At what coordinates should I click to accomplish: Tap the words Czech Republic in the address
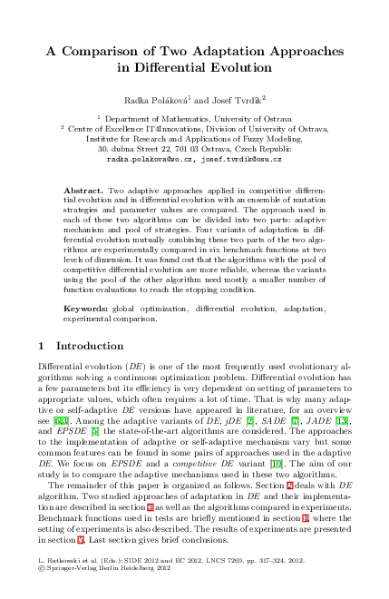(264, 148)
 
